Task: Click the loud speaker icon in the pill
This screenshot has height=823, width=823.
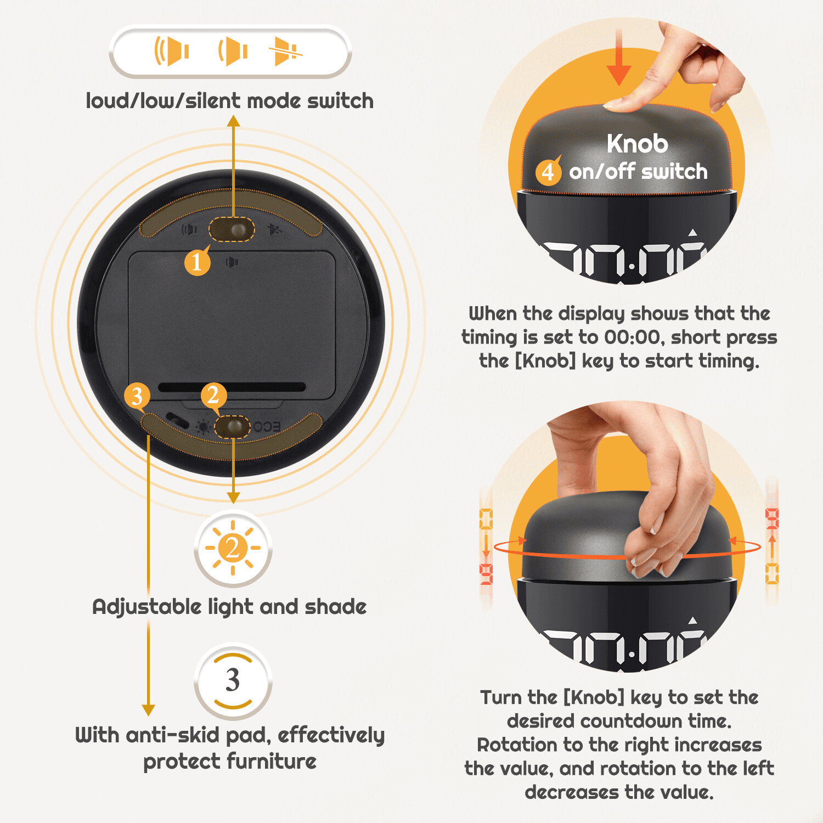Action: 172,51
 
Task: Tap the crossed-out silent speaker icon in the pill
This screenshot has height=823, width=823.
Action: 285,52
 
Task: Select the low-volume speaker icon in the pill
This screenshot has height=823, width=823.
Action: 233,52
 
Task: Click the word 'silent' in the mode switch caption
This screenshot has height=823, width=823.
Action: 213,101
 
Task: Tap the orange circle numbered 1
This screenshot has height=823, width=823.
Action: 197,262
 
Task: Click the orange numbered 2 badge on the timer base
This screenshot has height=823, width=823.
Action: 213,395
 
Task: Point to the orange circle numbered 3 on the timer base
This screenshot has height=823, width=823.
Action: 137,395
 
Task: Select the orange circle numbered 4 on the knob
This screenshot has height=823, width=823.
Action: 548,171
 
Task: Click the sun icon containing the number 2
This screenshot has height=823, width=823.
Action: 233,548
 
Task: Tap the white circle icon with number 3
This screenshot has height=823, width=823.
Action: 233,680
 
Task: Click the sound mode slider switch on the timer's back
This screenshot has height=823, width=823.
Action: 232,229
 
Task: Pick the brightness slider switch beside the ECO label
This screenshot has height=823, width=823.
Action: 232,426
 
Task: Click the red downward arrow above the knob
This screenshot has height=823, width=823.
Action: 619,57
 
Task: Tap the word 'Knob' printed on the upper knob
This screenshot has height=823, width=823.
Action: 637,144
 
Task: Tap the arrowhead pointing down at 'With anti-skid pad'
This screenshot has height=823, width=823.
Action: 148,710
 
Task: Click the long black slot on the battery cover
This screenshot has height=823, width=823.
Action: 232,387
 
